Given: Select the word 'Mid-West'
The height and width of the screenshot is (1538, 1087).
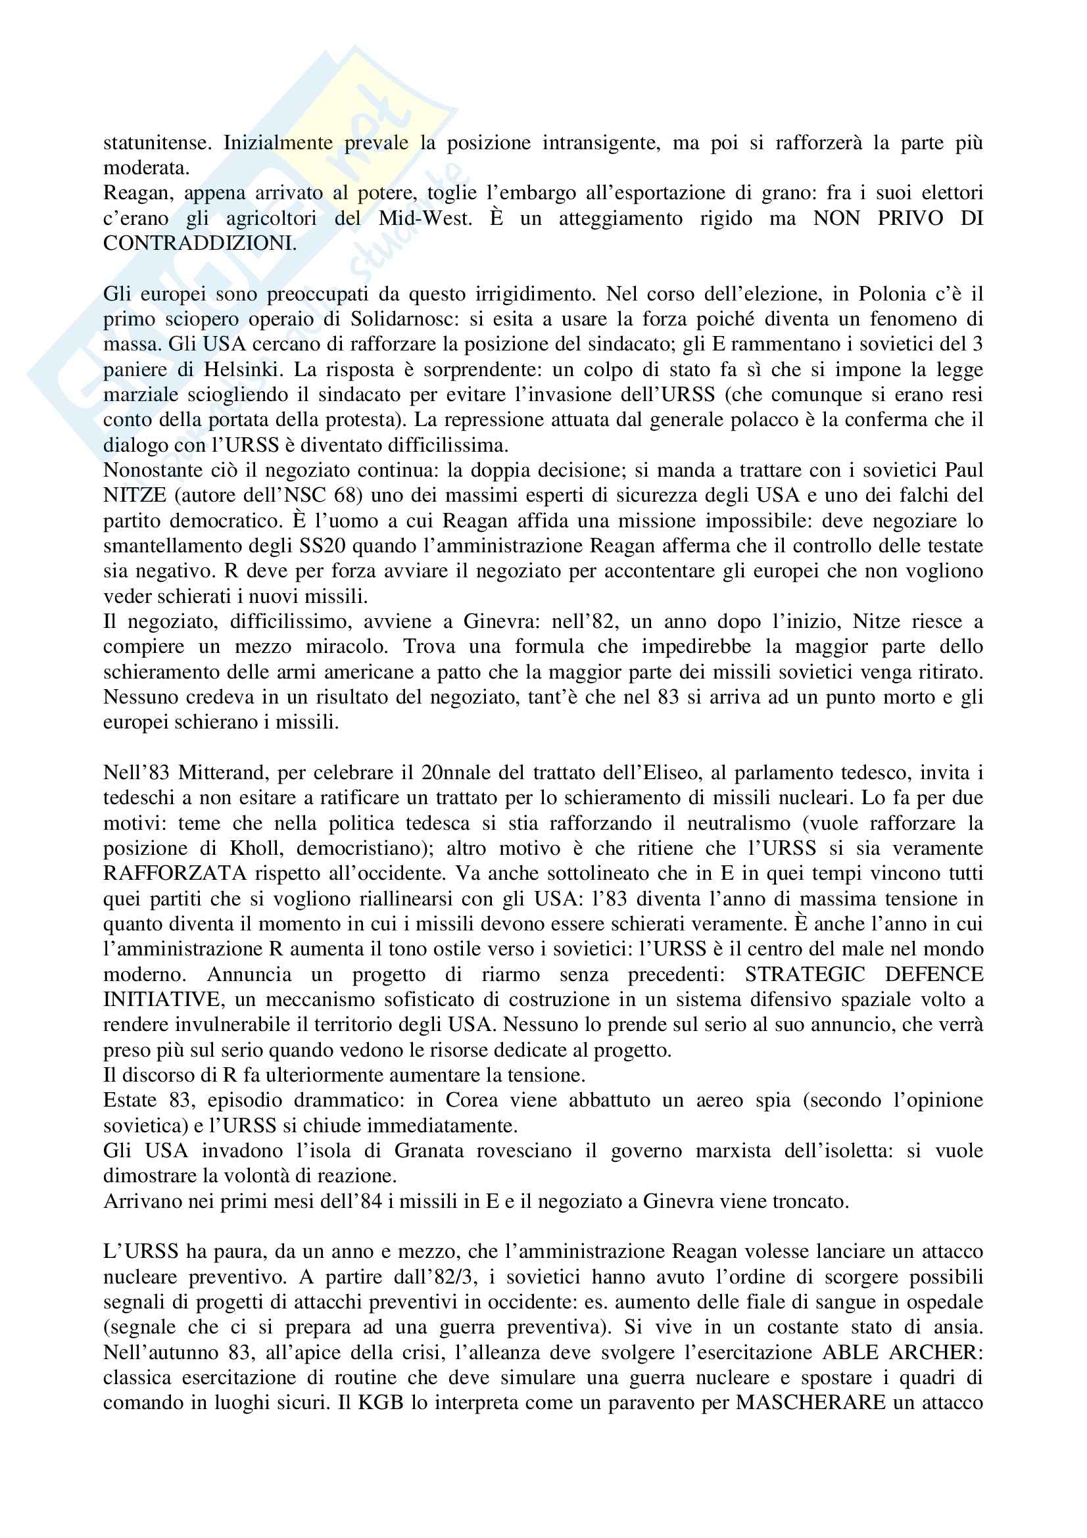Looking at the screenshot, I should coord(424,218).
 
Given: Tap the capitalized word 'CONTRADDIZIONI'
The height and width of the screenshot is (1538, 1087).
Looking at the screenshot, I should coord(199,243).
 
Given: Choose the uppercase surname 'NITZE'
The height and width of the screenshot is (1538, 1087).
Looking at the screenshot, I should coord(135,496).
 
